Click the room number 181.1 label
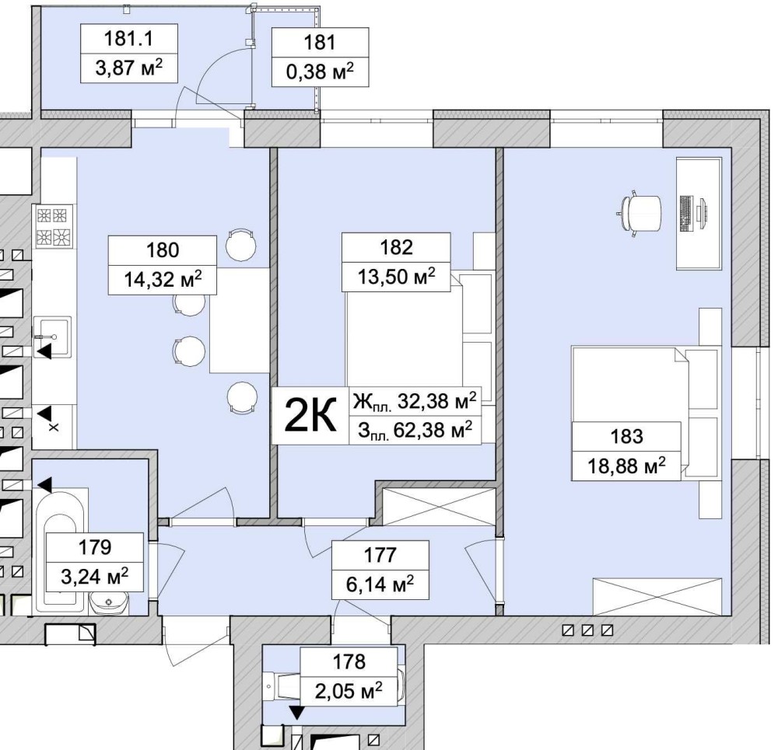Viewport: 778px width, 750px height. pyautogui.click(x=128, y=38)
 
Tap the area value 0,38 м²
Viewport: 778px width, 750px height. pyautogui.click(x=320, y=72)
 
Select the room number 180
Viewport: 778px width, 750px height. pyautogui.click(x=163, y=249)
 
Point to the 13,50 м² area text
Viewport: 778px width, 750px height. pyautogui.click(x=397, y=277)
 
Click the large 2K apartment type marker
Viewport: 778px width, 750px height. pyautogui.click(x=310, y=416)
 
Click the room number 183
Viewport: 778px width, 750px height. pyautogui.click(x=626, y=436)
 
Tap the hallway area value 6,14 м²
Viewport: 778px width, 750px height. pyautogui.click(x=380, y=584)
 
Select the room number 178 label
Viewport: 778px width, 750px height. pyautogui.click(x=349, y=661)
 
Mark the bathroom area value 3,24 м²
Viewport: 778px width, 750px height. pyautogui.click(x=95, y=577)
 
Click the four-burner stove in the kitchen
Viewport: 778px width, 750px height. pyautogui.click(x=54, y=227)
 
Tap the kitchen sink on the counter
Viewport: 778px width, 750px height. pyautogui.click(x=53, y=337)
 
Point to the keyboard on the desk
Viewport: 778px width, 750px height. pyautogui.click(x=686, y=213)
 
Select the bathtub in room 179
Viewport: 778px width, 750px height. pyautogui.click(x=60, y=550)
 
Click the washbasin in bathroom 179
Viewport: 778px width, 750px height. pyautogui.click(x=109, y=604)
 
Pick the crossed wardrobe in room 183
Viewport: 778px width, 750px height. pyautogui.click(x=657, y=597)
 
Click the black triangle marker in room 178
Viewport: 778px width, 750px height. pyautogui.click(x=296, y=713)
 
